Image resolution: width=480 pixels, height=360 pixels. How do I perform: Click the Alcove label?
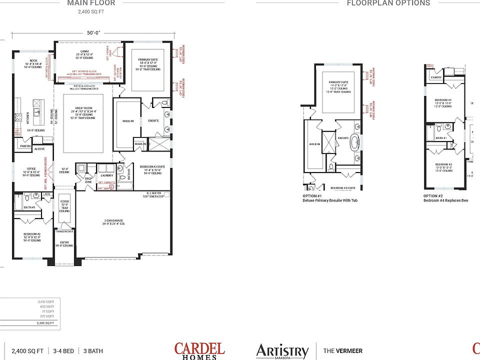[40, 149]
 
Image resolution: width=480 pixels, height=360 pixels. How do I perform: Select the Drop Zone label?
[88, 179]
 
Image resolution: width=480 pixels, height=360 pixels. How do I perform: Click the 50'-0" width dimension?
[93, 32]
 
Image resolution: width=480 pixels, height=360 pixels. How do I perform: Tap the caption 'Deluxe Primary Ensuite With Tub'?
[330, 200]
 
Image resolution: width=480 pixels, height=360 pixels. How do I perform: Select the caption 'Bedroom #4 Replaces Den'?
[445, 200]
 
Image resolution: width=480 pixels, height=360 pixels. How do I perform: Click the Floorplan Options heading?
[388, 3]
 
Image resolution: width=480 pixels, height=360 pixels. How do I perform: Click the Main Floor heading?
[91, 3]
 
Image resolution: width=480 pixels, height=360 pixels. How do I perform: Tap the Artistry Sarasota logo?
[282, 351]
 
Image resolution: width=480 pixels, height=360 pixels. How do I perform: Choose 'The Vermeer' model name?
[343, 351]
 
